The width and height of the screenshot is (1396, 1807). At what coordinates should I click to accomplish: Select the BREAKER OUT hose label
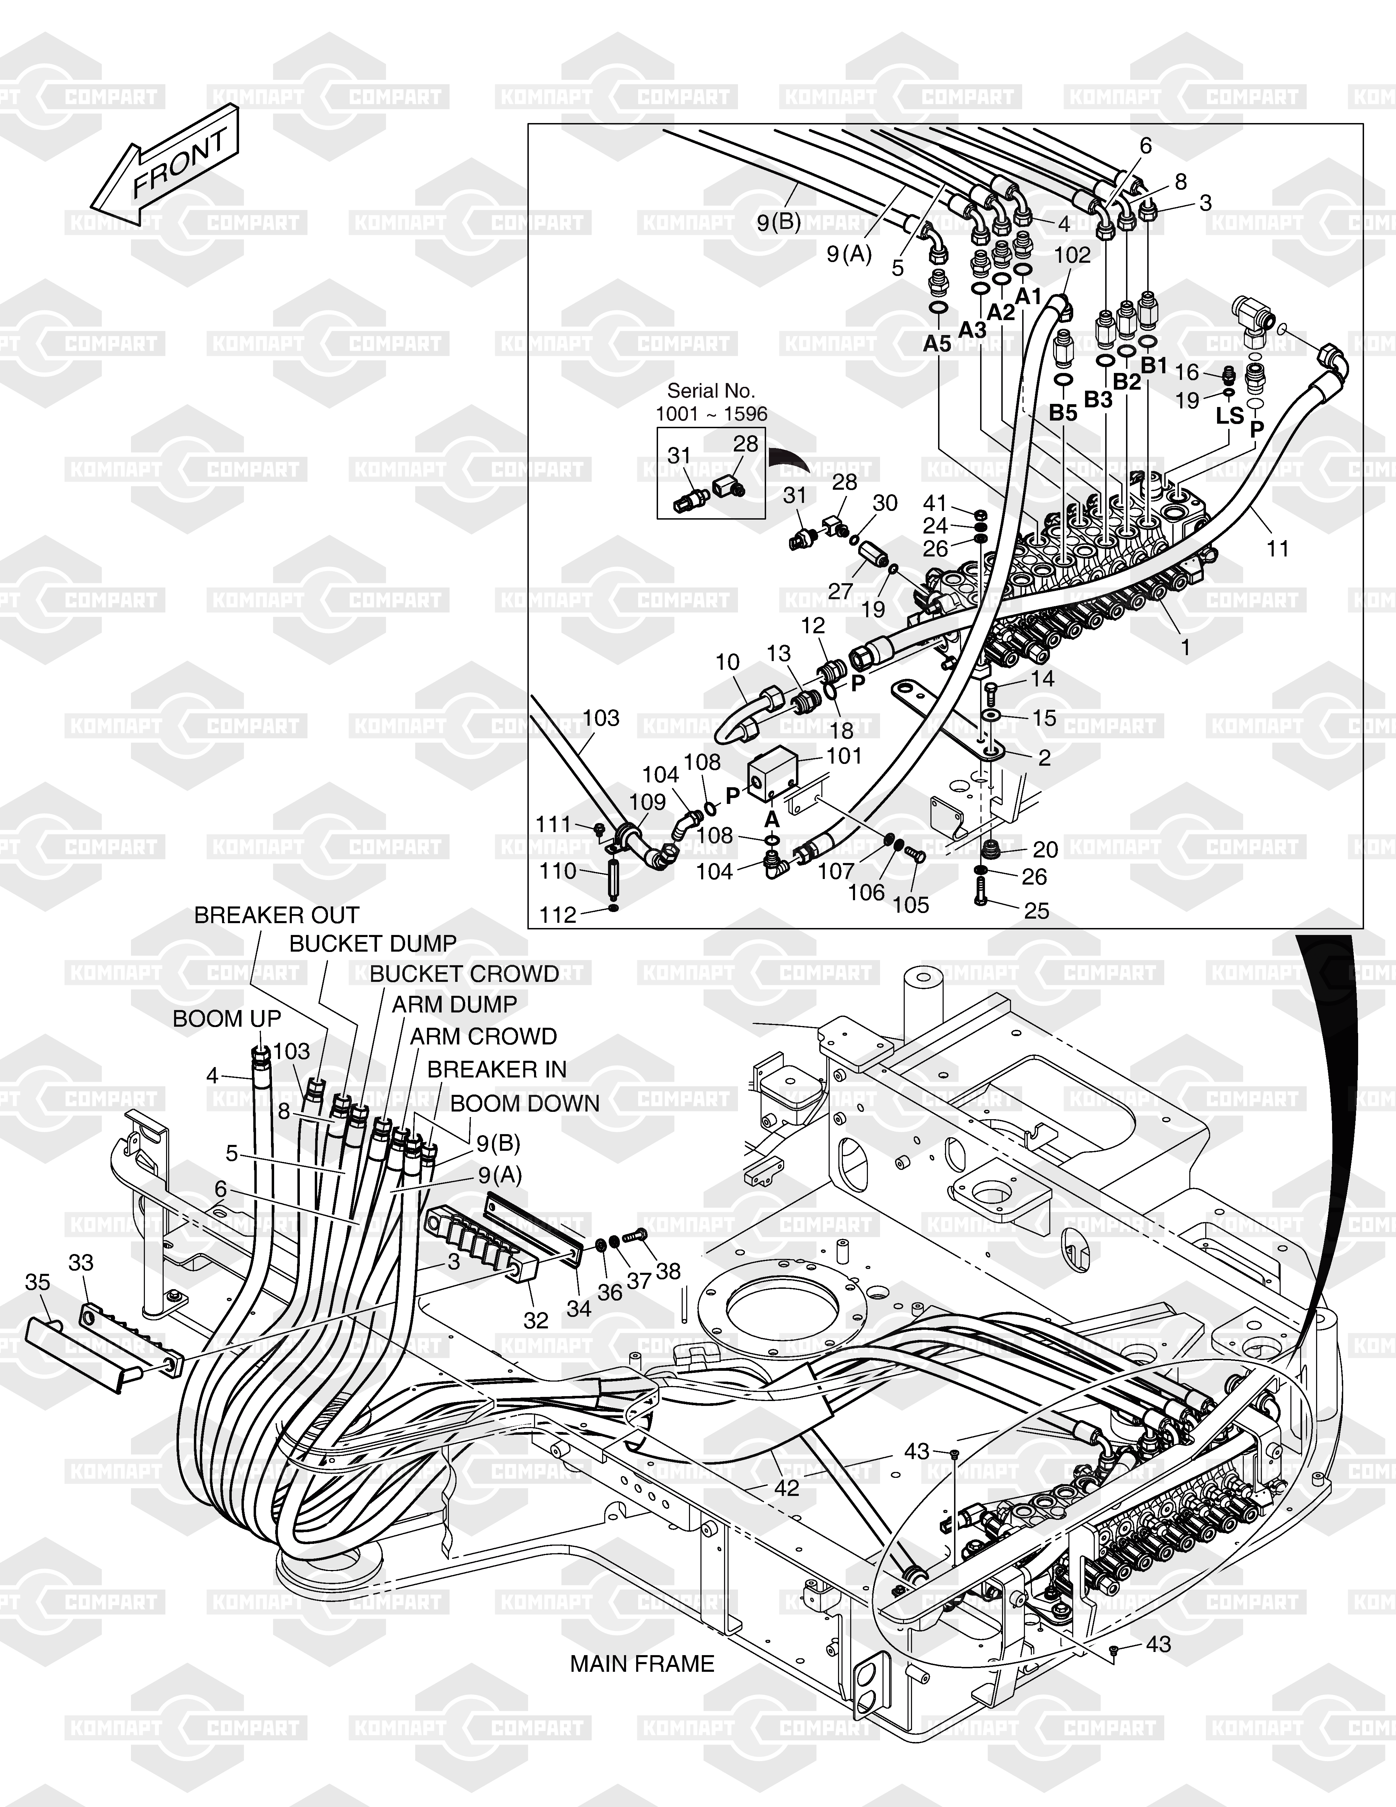(276, 915)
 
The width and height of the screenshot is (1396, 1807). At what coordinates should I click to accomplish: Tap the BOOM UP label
(227, 1018)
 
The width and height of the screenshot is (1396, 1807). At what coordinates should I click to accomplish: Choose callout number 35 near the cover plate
(38, 1281)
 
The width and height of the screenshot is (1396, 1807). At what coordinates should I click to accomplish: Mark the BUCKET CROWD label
(464, 974)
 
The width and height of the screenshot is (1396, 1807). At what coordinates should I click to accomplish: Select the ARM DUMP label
(454, 1004)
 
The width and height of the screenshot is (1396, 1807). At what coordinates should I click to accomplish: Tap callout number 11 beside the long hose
(1278, 548)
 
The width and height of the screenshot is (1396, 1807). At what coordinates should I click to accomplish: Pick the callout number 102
(1073, 255)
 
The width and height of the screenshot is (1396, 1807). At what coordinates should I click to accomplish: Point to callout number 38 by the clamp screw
(668, 1270)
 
